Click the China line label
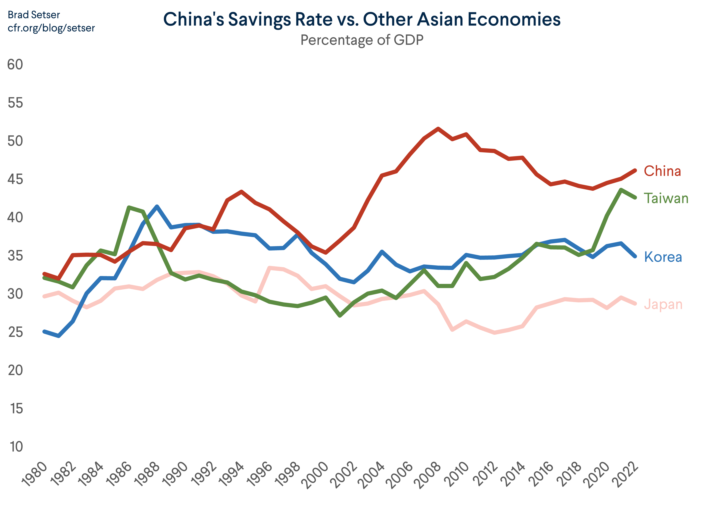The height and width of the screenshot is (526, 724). pyautogui.click(x=662, y=171)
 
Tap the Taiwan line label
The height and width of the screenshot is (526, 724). pyautogui.click(x=666, y=198)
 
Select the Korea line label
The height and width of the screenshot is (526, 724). pyautogui.click(x=663, y=257)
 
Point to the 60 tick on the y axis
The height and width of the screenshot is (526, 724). pyautogui.click(x=15, y=65)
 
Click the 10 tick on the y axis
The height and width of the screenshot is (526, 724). pyautogui.click(x=16, y=447)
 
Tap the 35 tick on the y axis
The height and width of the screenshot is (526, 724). pyautogui.click(x=15, y=256)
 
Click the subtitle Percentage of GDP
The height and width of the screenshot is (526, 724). pyautogui.click(x=362, y=40)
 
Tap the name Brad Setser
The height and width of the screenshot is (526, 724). pyautogui.click(x=34, y=15)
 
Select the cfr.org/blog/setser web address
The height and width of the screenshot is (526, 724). pyautogui.click(x=51, y=28)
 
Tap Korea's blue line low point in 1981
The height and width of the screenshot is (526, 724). pyautogui.click(x=59, y=336)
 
